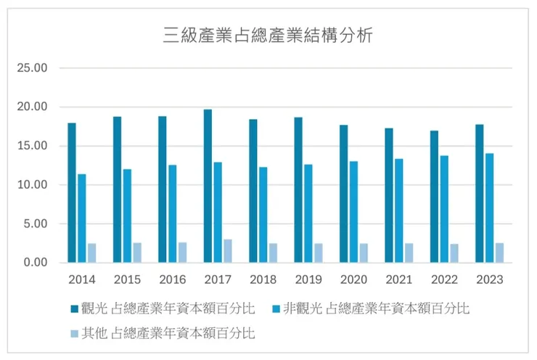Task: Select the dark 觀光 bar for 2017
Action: (208, 186)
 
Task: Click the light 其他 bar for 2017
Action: (228, 251)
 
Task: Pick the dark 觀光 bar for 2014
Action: (72, 192)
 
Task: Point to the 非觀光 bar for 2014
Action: (82, 218)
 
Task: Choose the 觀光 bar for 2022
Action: (433, 196)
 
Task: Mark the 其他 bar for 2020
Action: (364, 253)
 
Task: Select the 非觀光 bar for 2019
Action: (308, 213)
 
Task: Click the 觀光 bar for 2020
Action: (343, 194)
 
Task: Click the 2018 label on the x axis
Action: (263, 279)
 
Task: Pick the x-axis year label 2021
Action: (398, 279)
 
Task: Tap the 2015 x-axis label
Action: (127, 279)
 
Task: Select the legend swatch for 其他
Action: (73, 334)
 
